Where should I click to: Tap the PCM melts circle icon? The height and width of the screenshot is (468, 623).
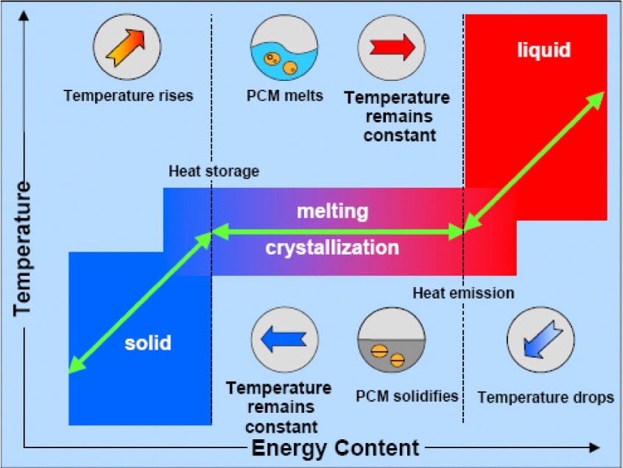(x=284, y=48)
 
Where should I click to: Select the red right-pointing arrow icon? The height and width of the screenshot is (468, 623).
(x=391, y=48)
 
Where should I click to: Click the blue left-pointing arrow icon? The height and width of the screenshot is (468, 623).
(x=284, y=339)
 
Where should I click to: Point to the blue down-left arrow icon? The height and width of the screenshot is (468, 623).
(x=540, y=339)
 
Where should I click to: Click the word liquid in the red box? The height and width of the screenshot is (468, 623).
(x=543, y=50)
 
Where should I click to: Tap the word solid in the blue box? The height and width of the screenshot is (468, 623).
(x=147, y=342)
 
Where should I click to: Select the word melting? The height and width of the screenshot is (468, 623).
(x=331, y=211)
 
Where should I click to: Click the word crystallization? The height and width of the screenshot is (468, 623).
(x=332, y=247)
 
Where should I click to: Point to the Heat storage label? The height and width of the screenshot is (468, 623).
(x=214, y=171)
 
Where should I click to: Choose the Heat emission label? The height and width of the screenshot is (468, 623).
(x=462, y=293)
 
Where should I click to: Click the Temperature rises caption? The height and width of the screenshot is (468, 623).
(x=128, y=96)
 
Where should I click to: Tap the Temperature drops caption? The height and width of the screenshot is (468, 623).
(x=546, y=397)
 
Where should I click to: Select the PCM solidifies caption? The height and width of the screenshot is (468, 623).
(x=406, y=396)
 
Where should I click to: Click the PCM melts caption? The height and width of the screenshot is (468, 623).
(x=285, y=96)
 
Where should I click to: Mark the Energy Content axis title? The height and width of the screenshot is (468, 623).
(x=336, y=447)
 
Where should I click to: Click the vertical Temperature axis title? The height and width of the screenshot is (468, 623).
(x=23, y=250)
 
